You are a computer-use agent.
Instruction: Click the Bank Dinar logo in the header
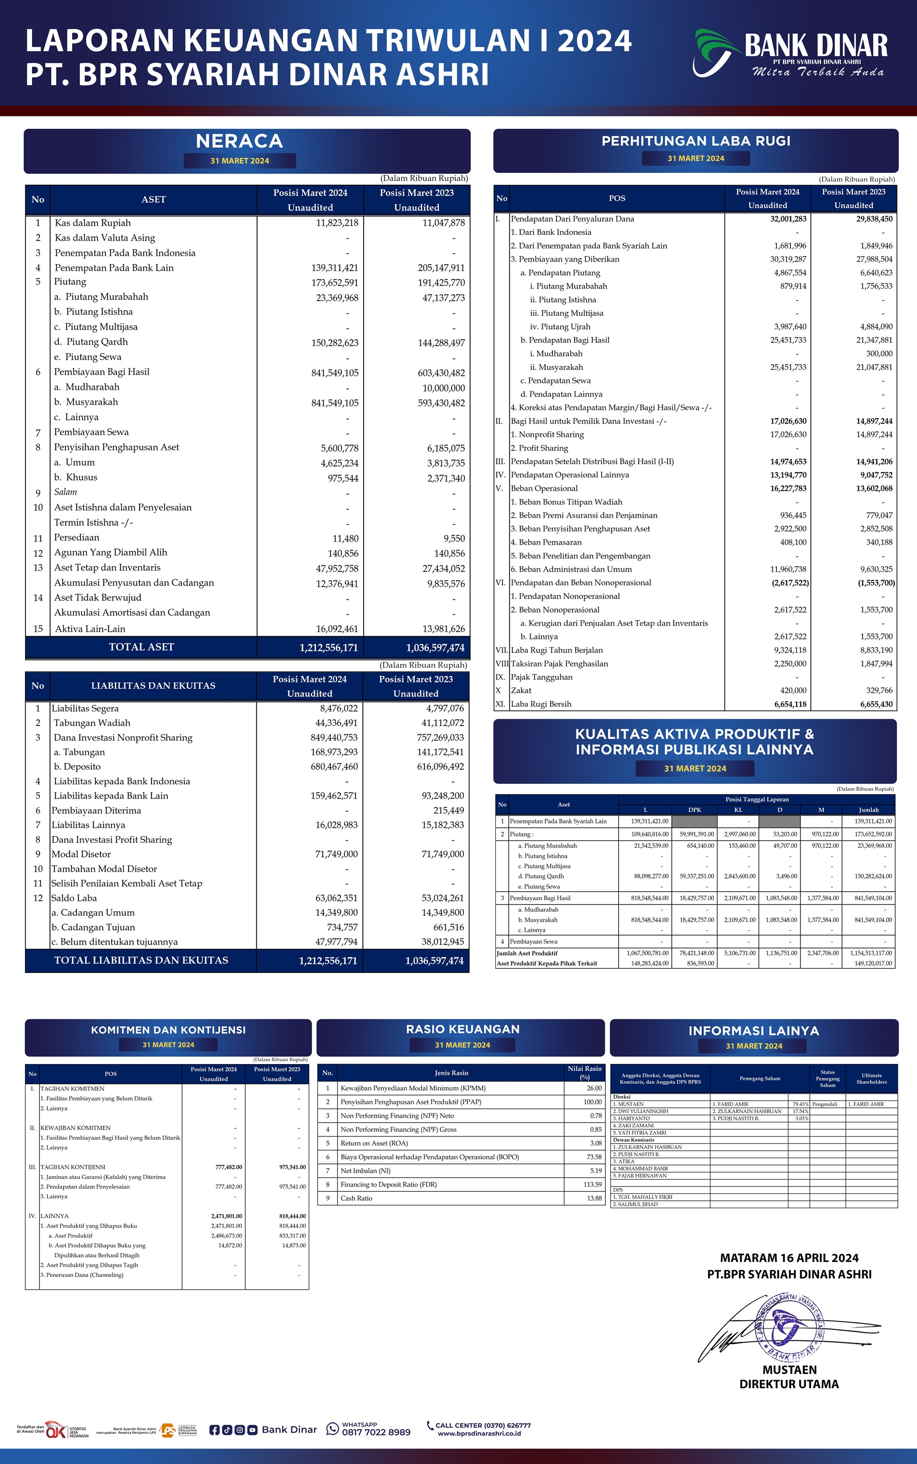[x=789, y=53]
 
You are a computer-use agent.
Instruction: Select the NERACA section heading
[x=240, y=141]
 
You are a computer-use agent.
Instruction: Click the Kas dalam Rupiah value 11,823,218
[x=337, y=223]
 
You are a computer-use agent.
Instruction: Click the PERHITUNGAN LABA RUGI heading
[x=696, y=140]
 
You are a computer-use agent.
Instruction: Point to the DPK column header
[x=694, y=810]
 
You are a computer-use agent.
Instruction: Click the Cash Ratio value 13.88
[x=594, y=1199]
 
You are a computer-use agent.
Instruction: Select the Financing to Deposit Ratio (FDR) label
[x=388, y=1184]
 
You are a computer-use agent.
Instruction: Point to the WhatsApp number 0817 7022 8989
[x=376, y=1433]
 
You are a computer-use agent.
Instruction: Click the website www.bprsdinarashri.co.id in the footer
[x=479, y=1434]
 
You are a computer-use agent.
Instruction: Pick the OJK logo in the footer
[x=56, y=1430]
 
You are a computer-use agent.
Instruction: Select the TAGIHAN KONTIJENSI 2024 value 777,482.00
[x=229, y=1167]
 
